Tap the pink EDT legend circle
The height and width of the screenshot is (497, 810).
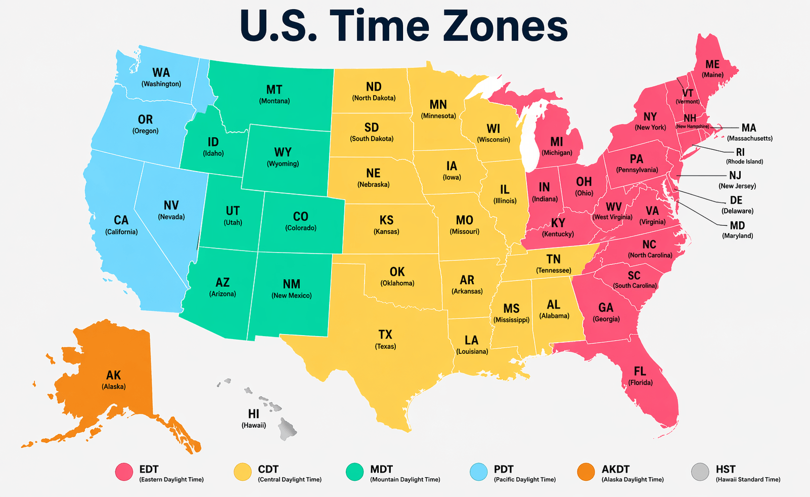[124, 472]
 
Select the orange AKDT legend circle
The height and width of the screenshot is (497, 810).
[586, 472]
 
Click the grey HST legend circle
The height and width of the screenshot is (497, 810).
[700, 472]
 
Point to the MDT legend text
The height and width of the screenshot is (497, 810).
[381, 469]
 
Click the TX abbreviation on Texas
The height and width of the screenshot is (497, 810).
[385, 335]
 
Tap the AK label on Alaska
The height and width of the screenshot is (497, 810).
[113, 375]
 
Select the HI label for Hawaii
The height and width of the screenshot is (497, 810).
[253, 414]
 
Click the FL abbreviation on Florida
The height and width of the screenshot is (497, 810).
[640, 371]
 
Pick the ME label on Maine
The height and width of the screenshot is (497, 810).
[712, 64]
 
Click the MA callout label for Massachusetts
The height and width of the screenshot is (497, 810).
[749, 128]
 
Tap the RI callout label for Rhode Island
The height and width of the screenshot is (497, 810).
[740, 152]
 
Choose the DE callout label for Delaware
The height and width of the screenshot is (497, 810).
[736, 200]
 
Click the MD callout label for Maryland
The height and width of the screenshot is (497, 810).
[737, 225]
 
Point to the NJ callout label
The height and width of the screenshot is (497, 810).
[735, 175]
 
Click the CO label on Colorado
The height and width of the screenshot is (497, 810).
[300, 217]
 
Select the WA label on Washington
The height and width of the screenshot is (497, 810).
[161, 73]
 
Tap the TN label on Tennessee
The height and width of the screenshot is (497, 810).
[553, 259]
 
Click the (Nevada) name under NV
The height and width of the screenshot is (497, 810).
[171, 217]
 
